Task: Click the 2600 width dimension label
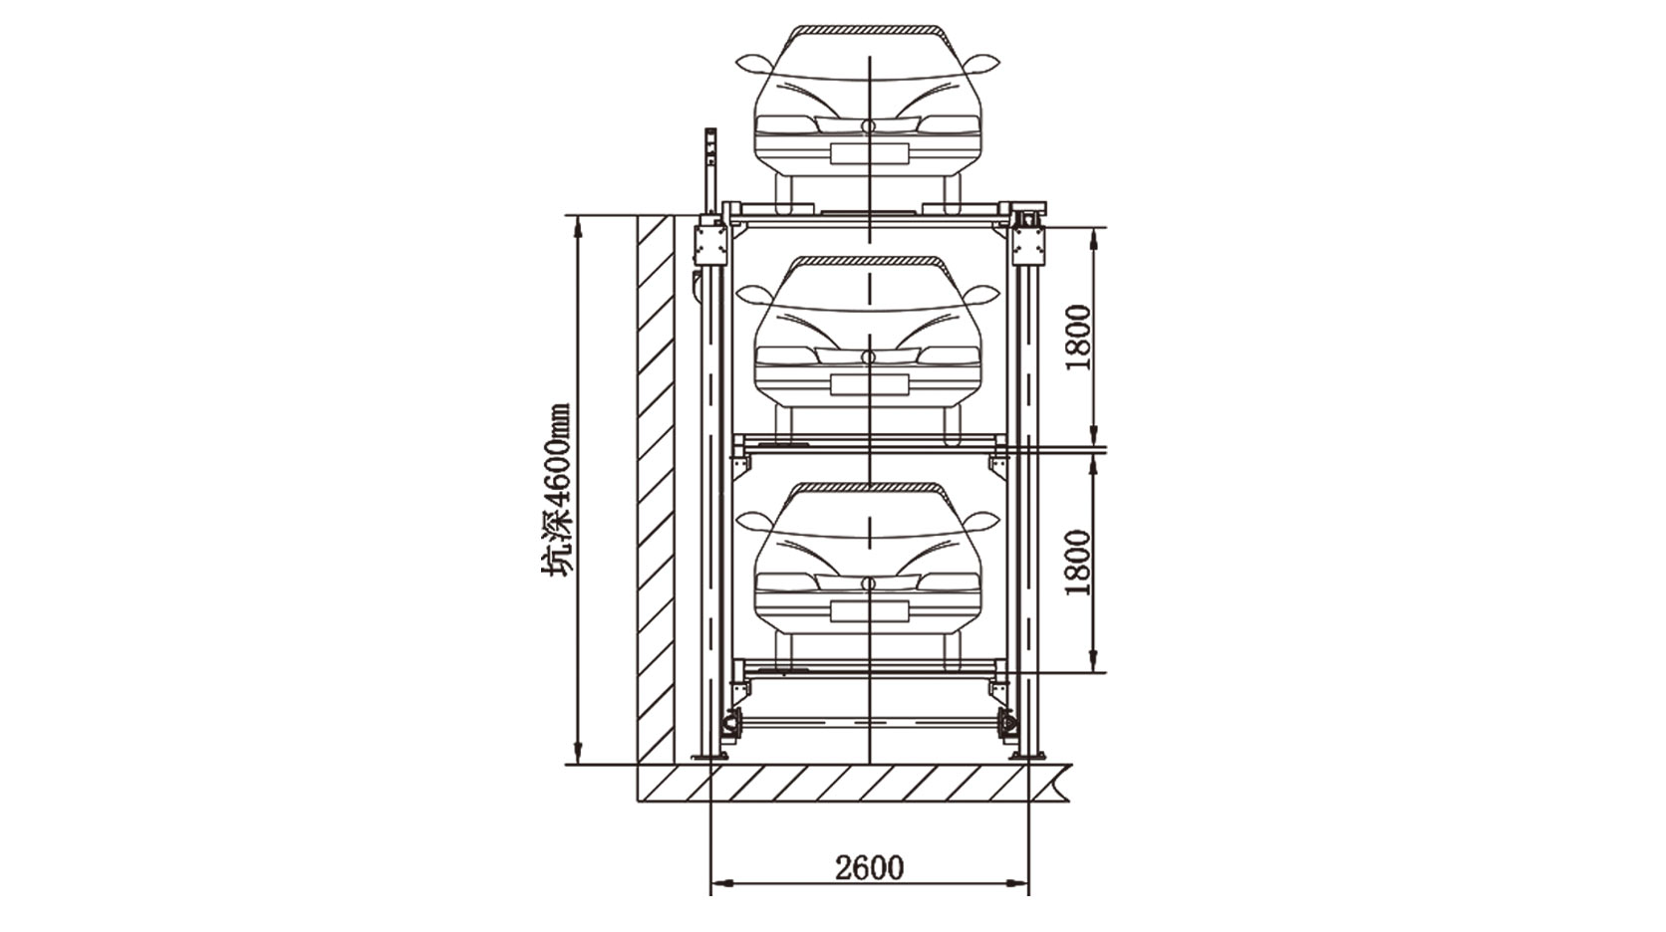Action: [x=869, y=867]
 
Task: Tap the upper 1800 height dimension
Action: [x=1078, y=338]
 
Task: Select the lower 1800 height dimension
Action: [x=1078, y=563]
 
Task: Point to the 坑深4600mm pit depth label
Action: [x=555, y=491]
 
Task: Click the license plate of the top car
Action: [x=869, y=154]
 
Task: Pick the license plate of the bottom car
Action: [x=869, y=611]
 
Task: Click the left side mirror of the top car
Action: [x=753, y=64]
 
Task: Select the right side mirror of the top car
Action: [x=982, y=64]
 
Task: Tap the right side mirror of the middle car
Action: [x=982, y=295]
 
